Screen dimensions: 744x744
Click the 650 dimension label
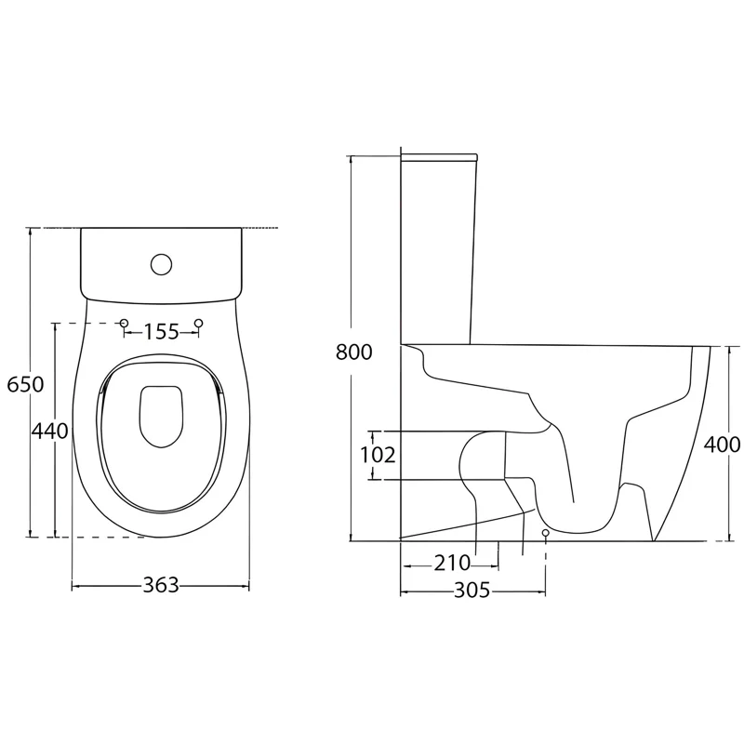click(26, 384)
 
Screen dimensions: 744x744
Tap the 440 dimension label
click(50, 432)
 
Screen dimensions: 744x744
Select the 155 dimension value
click(161, 332)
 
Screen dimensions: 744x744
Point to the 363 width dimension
click(161, 585)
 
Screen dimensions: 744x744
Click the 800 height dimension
click(354, 352)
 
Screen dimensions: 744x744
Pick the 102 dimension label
click(378, 455)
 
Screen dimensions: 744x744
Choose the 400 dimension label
click(722, 445)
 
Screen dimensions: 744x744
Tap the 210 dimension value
click(452, 564)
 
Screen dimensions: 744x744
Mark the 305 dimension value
click(472, 591)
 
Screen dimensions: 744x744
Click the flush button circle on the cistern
click(161, 264)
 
